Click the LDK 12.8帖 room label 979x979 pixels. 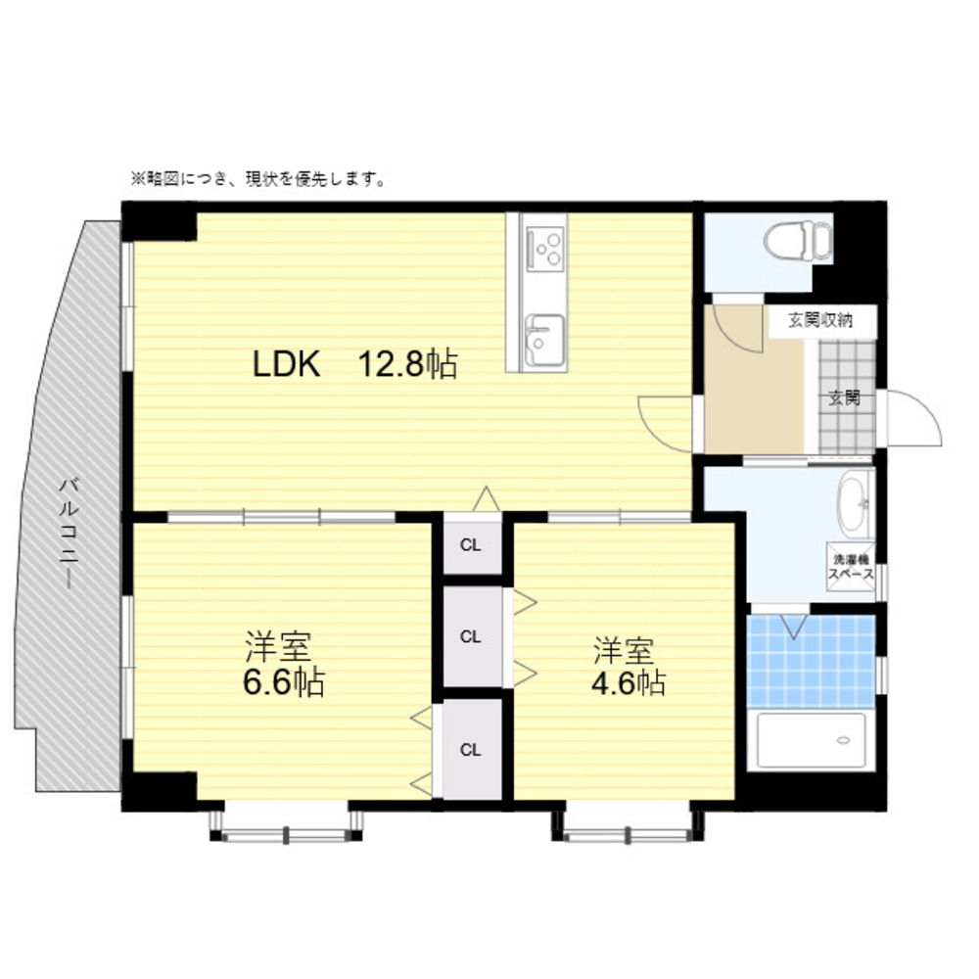tap(354, 364)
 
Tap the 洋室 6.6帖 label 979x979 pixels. tap(283, 664)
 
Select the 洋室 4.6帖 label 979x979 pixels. tap(628, 666)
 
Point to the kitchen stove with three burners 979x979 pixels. tap(545, 249)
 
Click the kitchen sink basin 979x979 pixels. tap(544, 341)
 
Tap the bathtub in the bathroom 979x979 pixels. tap(811, 740)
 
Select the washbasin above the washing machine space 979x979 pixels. tap(856, 504)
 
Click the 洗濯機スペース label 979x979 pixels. tap(851, 566)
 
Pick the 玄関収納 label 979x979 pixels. tap(819, 321)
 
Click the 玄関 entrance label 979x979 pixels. tap(844, 397)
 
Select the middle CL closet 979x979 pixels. tap(473, 636)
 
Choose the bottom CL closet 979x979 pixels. tap(472, 749)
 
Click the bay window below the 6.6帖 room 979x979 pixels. tap(286, 825)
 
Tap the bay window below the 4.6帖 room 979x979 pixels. tap(629, 825)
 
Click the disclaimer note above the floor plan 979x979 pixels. tap(257, 179)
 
